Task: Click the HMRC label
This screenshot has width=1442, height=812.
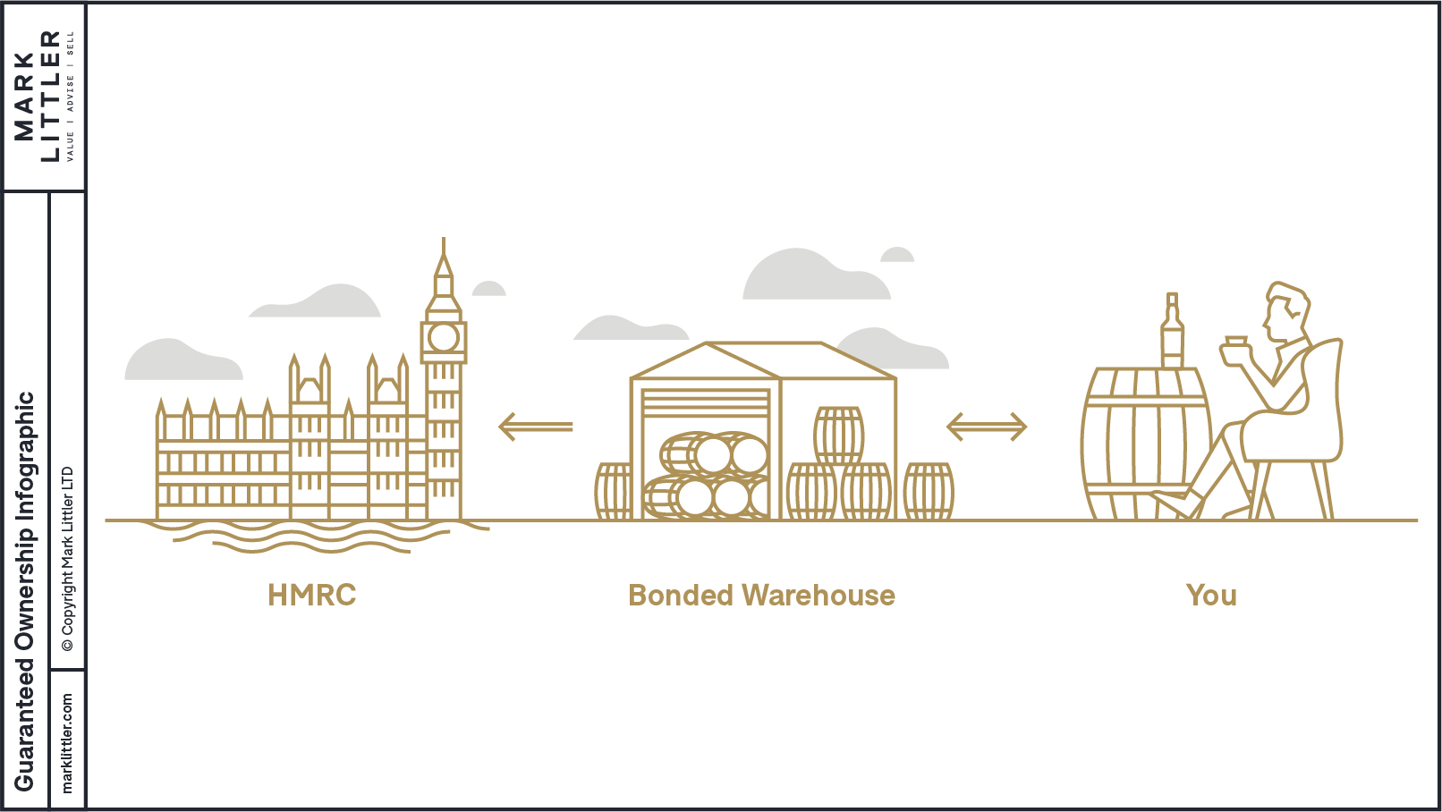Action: tap(311, 596)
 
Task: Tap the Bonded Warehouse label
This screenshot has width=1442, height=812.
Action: tap(761, 596)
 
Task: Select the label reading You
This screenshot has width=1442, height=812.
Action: tap(1211, 596)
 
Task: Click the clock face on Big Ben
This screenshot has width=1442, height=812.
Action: tap(444, 337)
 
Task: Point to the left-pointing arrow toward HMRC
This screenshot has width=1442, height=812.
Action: tap(535, 427)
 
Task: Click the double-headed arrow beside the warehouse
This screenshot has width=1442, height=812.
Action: tap(986, 427)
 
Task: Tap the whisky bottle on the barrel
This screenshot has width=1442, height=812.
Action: tap(1172, 332)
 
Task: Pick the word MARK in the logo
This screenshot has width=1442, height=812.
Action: tap(24, 96)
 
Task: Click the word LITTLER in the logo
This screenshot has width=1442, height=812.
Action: tap(50, 96)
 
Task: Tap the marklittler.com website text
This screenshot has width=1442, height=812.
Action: tap(67, 742)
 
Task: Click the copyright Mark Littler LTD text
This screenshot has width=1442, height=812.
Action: tap(67, 559)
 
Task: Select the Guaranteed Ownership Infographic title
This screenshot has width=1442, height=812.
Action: tap(24, 590)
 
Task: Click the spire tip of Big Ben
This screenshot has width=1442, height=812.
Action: tap(444, 243)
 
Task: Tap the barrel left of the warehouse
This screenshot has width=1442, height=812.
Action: tap(614, 491)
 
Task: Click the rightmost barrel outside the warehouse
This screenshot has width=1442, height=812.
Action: tap(929, 491)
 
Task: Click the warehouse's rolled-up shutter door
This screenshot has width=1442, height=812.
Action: tap(706, 402)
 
